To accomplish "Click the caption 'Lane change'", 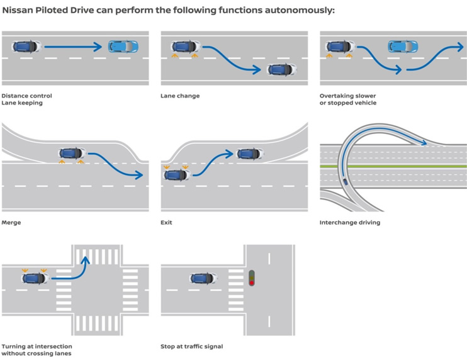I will pyautogui.click(x=180, y=96).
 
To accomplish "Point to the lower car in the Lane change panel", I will pyautogui.click(x=281, y=69).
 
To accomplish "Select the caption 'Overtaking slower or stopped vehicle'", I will pyautogui.click(x=348, y=99).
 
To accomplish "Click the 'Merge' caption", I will pyautogui.click(x=11, y=223).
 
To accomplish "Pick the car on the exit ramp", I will pyautogui.click(x=250, y=153).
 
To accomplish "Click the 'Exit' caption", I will pyautogui.click(x=166, y=223).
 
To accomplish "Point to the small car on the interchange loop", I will pyautogui.click(x=346, y=182).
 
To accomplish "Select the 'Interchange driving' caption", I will pyautogui.click(x=349, y=223).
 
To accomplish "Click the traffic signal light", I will pyautogui.click(x=252, y=278).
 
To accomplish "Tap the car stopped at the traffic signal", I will pyautogui.click(x=203, y=278).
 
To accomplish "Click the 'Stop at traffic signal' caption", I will pyautogui.click(x=191, y=347).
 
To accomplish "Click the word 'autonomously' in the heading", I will pyautogui.click(x=303, y=11).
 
